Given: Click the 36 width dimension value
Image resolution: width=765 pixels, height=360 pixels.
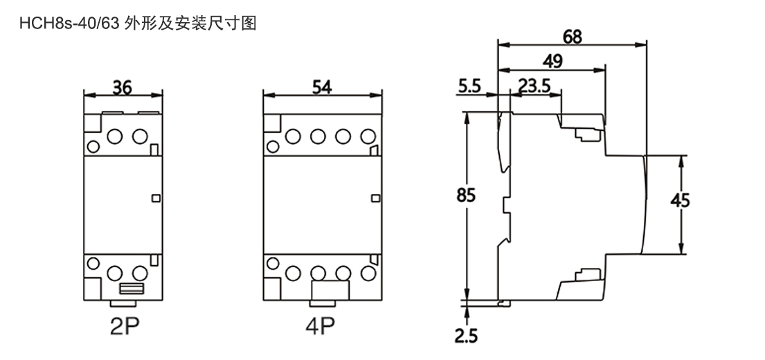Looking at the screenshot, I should coord(122,88).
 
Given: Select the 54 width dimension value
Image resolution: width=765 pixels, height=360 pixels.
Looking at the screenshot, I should coord(322,88).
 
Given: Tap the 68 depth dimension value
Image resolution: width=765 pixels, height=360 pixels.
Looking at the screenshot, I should coord(572,36).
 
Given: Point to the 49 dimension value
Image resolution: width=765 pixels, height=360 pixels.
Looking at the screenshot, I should coord(552,61).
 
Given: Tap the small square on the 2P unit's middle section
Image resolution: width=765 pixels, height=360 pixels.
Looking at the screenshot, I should coord(155,199).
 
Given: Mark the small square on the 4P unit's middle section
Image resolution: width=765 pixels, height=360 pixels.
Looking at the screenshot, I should coord(375,199).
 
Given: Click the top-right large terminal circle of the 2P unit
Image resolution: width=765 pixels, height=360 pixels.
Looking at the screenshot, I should coord(139,136).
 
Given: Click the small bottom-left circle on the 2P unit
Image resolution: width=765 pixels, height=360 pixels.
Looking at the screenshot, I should coord(91,264).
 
